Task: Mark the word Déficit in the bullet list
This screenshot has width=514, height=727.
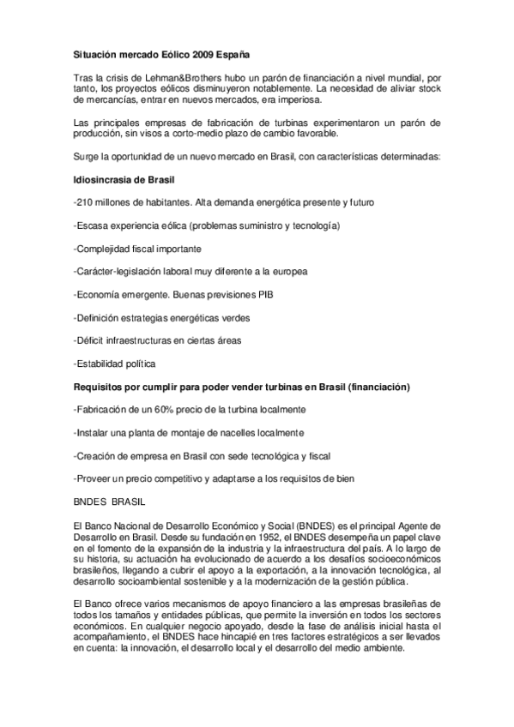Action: click(92, 340)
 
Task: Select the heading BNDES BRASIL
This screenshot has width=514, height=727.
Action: click(106, 501)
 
